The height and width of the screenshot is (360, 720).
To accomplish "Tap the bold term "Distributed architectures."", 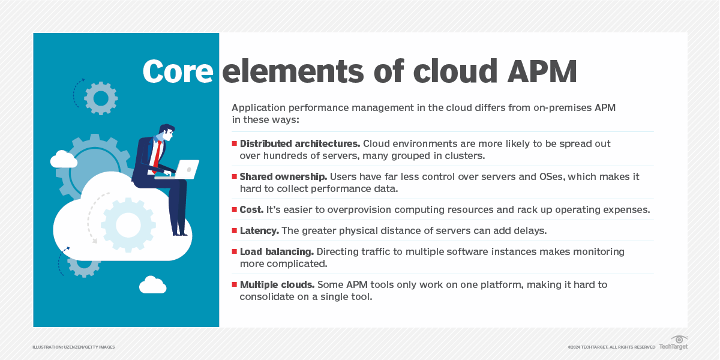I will pyautogui.click(x=299, y=144).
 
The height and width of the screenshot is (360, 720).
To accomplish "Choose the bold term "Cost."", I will pyautogui.click(x=252, y=210).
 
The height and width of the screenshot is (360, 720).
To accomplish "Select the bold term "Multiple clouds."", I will pyautogui.click(x=277, y=285).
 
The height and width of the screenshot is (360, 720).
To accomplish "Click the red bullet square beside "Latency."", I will pyautogui.click(x=235, y=231).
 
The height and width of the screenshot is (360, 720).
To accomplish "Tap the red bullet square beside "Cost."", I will pyautogui.click(x=235, y=210).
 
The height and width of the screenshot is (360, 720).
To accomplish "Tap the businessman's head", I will pyautogui.click(x=166, y=133).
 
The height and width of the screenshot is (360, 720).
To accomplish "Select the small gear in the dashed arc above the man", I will pyautogui.click(x=101, y=98).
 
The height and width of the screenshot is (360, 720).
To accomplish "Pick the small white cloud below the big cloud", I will pyautogui.click(x=152, y=285).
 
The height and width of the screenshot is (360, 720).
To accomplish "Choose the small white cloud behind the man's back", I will pyautogui.click(x=64, y=159).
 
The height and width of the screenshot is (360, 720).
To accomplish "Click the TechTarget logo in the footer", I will pyautogui.click(x=673, y=344).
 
